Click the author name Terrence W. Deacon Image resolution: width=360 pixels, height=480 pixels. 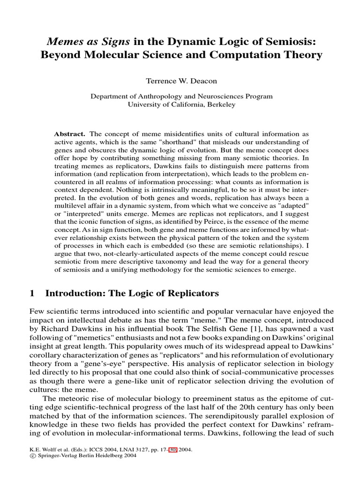pyautogui.click(x=181, y=81)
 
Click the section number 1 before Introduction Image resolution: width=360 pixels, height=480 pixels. pyautogui.click(x=32, y=294)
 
